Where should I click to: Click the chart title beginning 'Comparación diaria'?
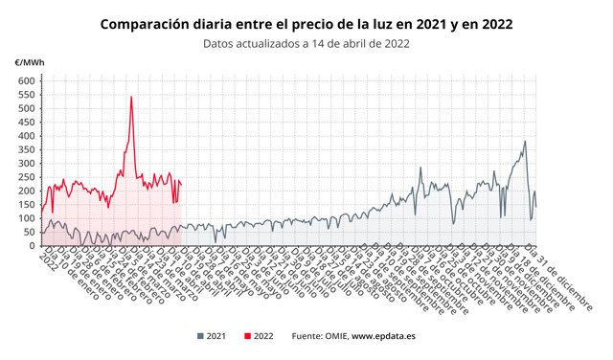(306, 23)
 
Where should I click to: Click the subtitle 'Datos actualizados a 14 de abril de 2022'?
(306, 43)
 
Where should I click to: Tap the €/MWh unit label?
(28, 62)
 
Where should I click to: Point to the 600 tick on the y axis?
(25, 80)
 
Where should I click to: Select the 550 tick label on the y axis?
(25, 95)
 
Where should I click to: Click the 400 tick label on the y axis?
(25, 136)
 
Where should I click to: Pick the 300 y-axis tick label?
(25, 164)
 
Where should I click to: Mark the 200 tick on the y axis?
(25, 191)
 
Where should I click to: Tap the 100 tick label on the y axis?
(25, 218)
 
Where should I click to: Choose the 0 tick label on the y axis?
(30, 246)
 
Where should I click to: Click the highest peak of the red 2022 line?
(131, 97)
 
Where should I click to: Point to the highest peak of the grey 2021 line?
(525, 142)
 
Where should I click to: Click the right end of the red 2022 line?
(181, 184)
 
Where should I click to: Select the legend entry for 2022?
(260, 336)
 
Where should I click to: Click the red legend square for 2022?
(248, 336)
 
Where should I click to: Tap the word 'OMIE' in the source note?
(331, 336)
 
